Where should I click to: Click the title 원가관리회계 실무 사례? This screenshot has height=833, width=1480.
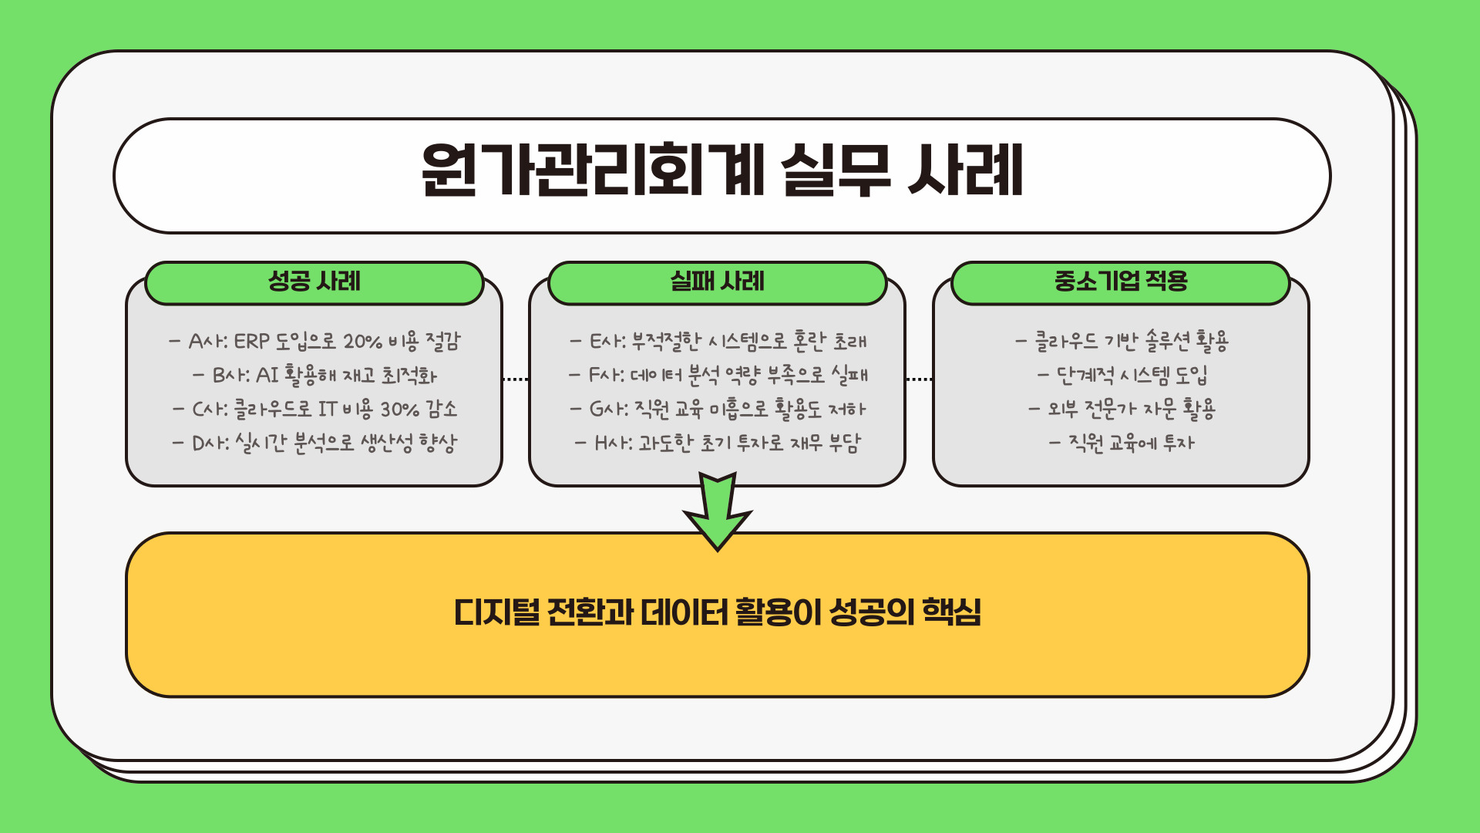pyautogui.click(x=721, y=171)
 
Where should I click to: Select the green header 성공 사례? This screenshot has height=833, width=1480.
pyautogui.click(x=314, y=282)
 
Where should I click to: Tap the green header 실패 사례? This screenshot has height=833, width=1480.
pyautogui.click(x=717, y=282)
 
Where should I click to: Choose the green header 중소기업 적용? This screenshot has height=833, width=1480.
pyautogui.click(x=1120, y=282)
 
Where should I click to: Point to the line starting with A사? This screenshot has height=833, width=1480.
pyautogui.click(x=314, y=341)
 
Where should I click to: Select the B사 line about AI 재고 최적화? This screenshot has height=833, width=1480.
pyautogui.click(x=314, y=376)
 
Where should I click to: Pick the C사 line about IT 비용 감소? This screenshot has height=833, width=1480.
pyautogui.click(x=314, y=409)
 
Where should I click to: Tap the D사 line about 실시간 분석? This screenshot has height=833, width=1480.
pyautogui.click(x=314, y=443)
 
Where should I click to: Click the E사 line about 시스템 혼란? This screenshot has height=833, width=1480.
pyautogui.click(x=718, y=341)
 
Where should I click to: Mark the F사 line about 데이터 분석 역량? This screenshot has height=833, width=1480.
pyautogui.click(x=718, y=376)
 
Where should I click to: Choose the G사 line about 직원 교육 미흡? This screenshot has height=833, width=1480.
pyautogui.click(x=718, y=409)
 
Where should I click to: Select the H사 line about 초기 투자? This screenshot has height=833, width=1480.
pyautogui.click(x=718, y=443)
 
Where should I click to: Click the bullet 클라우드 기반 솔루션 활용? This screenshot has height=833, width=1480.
pyautogui.click(x=1122, y=341)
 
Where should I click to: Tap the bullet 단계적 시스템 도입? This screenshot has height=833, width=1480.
pyautogui.click(x=1122, y=376)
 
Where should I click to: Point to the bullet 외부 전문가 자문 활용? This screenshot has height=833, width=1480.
pyautogui.click(x=1122, y=409)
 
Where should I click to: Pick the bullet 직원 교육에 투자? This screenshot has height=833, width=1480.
pyautogui.click(x=1122, y=443)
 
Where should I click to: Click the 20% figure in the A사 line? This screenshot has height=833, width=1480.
pyautogui.click(x=362, y=341)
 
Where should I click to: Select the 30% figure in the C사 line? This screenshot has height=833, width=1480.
pyautogui.click(x=399, y=409)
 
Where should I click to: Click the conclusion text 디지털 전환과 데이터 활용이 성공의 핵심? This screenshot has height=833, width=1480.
pyautogui.click(x=718, y=613)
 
